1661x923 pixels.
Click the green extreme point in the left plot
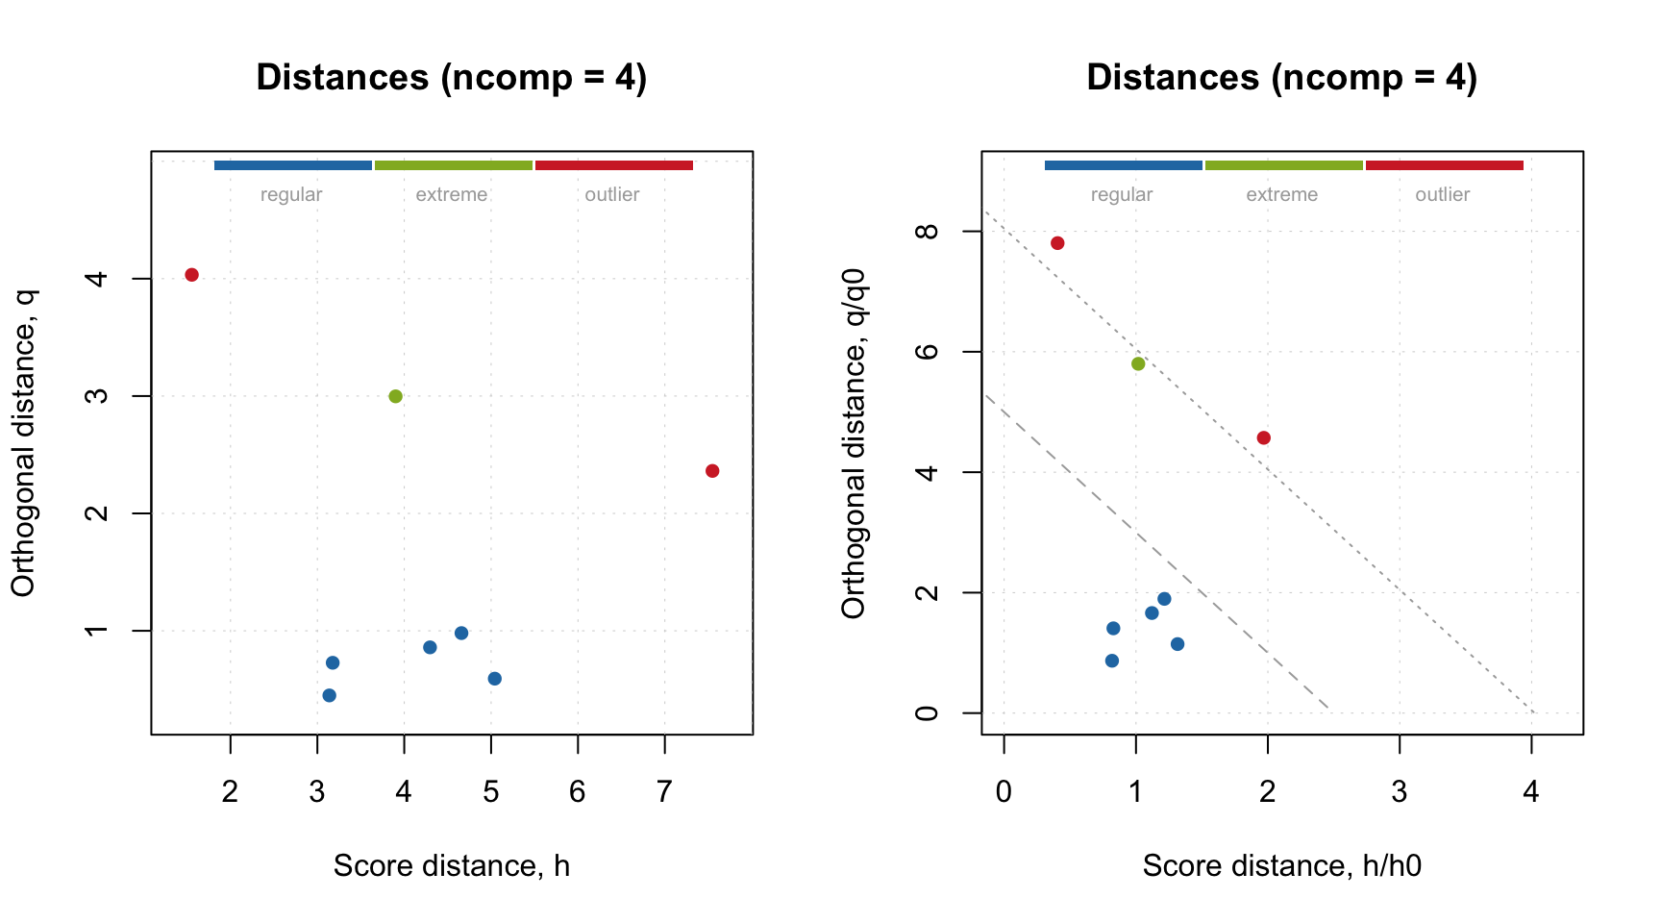coord(395,396)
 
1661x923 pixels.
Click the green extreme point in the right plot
coord(1138,363)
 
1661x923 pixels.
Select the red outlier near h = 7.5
coord(712,471)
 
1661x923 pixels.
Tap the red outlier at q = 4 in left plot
coord(191,275)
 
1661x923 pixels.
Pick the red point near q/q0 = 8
coord(1057,243)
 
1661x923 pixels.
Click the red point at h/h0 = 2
coord(1264,438)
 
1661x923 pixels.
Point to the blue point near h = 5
coord(495,679)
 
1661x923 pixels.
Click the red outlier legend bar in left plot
coord(614,165)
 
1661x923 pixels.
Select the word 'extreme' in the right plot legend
coord(1282,194)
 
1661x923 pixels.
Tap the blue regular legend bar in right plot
coord(1123,165)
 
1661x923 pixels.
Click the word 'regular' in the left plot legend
coord(291,194)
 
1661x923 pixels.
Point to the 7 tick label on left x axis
coord(664,792)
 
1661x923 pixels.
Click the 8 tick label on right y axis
coord(927,232)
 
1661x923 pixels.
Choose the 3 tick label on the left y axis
coord(96,396)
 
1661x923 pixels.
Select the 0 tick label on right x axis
coord(1004,792)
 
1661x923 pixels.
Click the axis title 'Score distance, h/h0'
coord(1281,866)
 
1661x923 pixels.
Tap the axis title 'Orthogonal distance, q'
coord(23,442)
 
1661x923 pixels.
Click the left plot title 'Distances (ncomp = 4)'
coord(452,77)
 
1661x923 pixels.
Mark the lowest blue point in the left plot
coord(330,695)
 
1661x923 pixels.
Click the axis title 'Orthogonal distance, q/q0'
coord(854,442)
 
